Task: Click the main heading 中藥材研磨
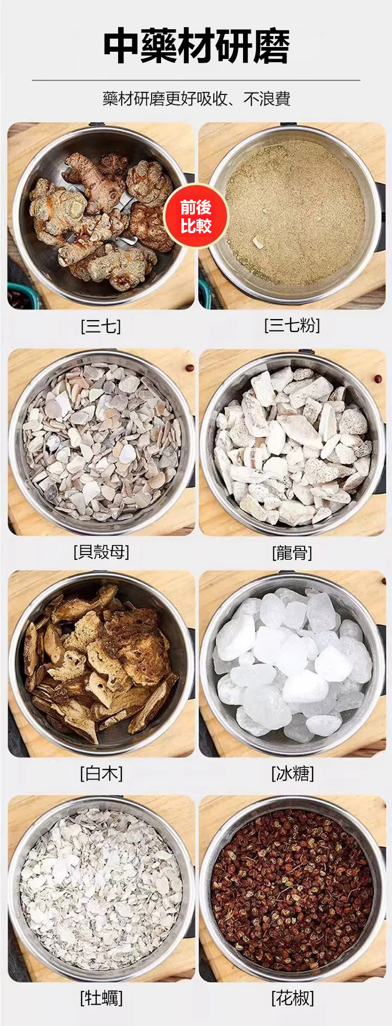pos(196,46)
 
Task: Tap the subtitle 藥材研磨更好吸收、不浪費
pos(196,98)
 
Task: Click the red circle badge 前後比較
pos(196,216)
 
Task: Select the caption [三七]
pos(101,326)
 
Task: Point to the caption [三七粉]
pos(292,325)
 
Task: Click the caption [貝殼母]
pos(101,551)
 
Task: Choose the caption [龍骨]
pos(292,552)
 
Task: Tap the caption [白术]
pos(101,773)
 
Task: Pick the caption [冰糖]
pos(293,773)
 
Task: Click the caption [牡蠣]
pos(101,998)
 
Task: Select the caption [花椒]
pos(293,998)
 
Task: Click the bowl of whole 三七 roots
pos(101,216)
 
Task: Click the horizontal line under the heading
pos(196,80)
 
